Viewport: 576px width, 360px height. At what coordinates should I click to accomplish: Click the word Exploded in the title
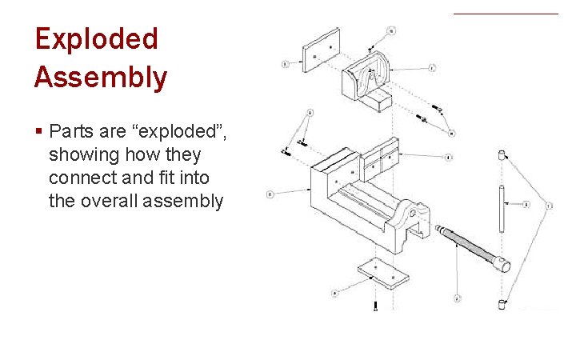96,40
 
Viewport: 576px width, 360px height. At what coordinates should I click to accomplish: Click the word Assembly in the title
101,78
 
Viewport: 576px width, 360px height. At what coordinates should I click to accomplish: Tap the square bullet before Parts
38,130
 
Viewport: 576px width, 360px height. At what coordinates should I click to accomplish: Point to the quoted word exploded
181,130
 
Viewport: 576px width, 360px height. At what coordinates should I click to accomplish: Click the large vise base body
360,200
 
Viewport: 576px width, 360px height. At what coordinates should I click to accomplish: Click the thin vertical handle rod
502,209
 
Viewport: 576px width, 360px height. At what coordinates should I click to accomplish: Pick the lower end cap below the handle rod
502,302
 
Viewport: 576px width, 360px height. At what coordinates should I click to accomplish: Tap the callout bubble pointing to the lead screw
456,298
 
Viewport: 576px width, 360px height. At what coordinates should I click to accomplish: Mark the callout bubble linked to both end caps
548,206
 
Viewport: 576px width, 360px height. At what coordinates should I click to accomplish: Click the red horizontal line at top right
506,14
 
